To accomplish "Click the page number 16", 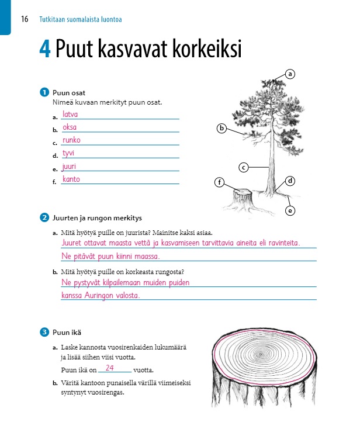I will click(x=25, y=19).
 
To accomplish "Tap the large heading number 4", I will click(x=45, y=50).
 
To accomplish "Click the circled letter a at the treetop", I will click(x=290, y=74).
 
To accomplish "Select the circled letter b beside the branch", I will click(x=221, y=128).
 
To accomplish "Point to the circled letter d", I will click(x=290, y=181).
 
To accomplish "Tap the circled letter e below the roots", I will click(x=290, y=210).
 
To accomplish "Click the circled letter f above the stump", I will click(x=220, y=182).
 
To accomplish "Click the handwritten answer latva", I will click(x=70, y=115).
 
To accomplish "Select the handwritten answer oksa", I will click(x=70, y=127).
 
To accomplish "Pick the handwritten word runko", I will click(x=71, y=140).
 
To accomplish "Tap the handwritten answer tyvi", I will click(x=68, y=153).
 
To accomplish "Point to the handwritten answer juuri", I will click(x=70, y=167).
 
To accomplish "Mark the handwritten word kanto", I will click(x=71, y=179).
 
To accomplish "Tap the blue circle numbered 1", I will click(x=44, y=92).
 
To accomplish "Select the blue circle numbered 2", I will click(x=44, y=219).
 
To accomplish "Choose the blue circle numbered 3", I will click(x=44, y=333).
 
